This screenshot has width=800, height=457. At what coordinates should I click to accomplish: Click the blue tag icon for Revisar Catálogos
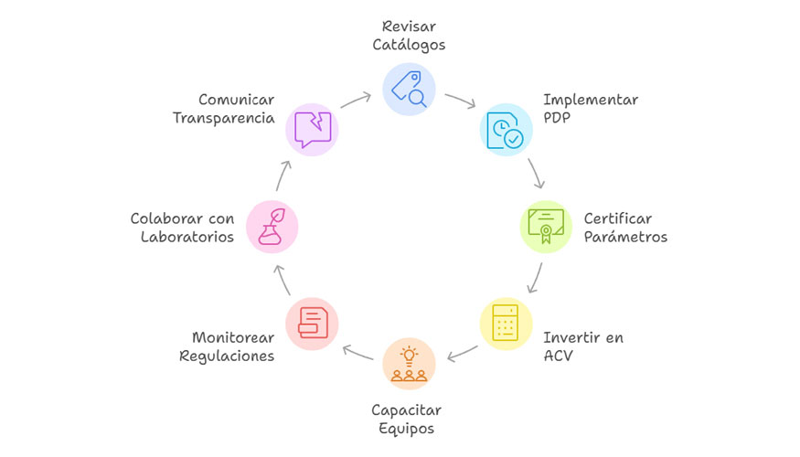click(409, 89)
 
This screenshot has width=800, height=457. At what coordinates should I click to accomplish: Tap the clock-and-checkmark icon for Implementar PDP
click(506, 128)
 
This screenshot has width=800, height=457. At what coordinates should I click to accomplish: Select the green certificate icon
click(545, 226)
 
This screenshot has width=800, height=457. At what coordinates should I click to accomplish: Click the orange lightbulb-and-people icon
click(409, 363)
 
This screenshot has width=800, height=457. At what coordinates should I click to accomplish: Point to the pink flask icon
click(272, 226)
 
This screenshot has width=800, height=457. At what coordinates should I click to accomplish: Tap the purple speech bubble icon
click(312, 128)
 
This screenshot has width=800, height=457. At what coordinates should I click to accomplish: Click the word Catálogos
click(409, 43)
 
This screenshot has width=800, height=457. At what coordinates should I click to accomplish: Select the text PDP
click(558, 118)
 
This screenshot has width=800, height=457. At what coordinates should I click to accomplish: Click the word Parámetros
click(625, 237)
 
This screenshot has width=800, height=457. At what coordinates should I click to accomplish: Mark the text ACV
click(559, 356)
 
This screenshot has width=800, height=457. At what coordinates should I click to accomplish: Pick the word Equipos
click(409, 429)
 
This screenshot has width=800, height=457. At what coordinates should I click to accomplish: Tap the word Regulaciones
click(227, 356)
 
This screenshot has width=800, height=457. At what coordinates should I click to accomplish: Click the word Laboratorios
click(187, 237)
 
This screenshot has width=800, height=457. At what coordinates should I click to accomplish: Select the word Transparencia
click(224, 118)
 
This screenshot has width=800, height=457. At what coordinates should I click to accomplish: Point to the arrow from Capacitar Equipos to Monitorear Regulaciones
click(358, 352)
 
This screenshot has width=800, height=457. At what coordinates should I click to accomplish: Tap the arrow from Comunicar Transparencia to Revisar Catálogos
click(356, 98)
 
